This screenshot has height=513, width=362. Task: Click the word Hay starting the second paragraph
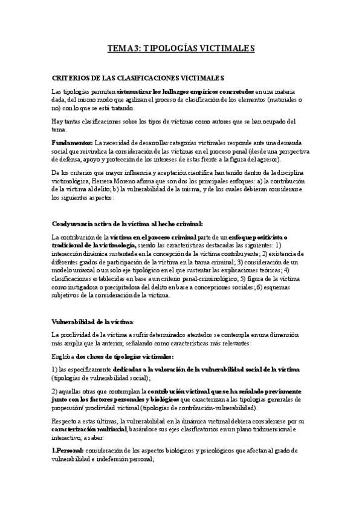tap(58, 121)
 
